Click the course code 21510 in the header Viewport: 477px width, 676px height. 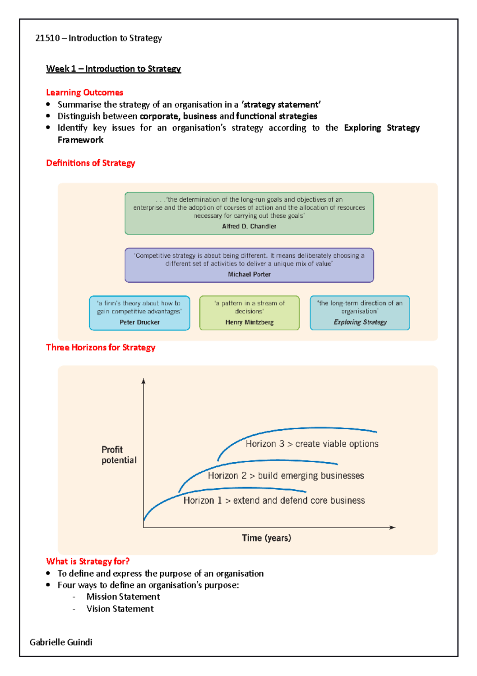click(47, 38)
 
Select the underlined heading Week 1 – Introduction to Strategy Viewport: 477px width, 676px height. click(113, 69)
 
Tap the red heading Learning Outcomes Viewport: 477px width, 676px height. click(85, 92)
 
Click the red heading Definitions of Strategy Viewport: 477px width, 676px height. click(91, 163)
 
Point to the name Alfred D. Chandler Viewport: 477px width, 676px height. click(249, 226)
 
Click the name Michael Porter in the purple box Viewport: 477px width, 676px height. click(249, 274)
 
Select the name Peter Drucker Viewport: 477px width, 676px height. click(140, 322)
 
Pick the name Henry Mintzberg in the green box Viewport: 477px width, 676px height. click(249, 322)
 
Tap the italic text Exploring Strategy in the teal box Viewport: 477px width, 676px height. click(360, 322)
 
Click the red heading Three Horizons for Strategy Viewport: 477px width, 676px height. click(101, 348)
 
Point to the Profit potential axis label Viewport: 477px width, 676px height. click(118, 455)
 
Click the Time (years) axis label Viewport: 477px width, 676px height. click(266, 538)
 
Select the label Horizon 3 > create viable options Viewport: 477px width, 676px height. click(312, 444)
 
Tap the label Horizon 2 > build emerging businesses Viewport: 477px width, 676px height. click(286, 476)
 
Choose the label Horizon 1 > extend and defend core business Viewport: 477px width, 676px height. click(274, 500)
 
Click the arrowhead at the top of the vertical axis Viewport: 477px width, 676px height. click(143, 381)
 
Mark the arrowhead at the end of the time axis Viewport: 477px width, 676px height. click(393, 528)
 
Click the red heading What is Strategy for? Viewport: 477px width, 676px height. click(88, 561)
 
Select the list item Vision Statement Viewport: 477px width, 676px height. click(120, 609)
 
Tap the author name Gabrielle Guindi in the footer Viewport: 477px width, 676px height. click(61, 642)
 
